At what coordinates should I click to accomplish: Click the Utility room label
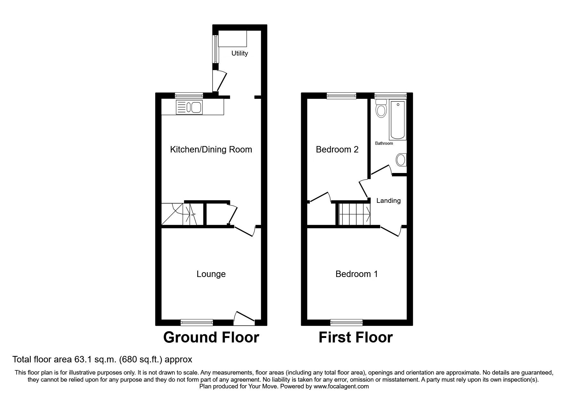[x=240, y=53]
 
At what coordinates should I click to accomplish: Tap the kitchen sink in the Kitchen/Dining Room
[x=189, y=107]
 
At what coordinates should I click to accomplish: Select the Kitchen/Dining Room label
[x=211, y=150]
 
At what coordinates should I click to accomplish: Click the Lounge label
[x=211, y=274]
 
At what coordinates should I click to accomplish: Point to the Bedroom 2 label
[x=337, y=150]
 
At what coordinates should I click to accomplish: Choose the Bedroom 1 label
[x=356, y=274]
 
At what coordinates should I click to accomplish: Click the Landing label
[x=388, y=201]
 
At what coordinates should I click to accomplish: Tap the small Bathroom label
[x=384, y=143]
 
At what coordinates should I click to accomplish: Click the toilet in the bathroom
[x=381, y=109]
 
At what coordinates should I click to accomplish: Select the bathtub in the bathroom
[x=398, y=119]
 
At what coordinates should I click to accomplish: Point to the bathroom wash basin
[x=401, y=160]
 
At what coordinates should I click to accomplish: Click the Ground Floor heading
[x=211, y=338]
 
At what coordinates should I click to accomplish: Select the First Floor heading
[x=355, y=338]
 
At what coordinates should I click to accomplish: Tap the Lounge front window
[x=197, y=322]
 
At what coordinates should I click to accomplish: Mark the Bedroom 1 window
[x=346, y=322]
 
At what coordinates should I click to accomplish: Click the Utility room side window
[x=216, y=49]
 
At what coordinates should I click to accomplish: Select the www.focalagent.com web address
[x=341, y=386]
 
